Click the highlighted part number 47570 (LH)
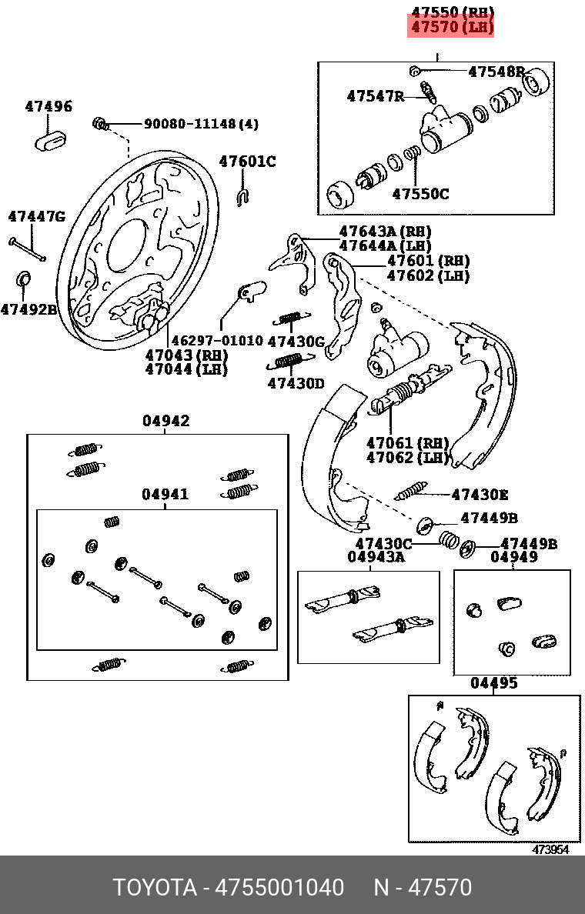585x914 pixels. pyautogui.click(x=451, y=28)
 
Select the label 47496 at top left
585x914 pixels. pyautogui.click(x=48, y=106)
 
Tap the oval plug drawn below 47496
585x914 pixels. pyautogui.click(x=52, y=140)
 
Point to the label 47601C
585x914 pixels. pyautogui.click(x=247, y=162)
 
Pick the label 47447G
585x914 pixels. pyautogui.click(x=37, y=217)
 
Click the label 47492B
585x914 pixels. pyautogui.click(x=28, y=309)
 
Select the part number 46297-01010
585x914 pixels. pyautogui.click(x=216, y=340)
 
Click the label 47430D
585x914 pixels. pyautogui.click(x=296, y=382)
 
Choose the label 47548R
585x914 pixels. pyautogui.click(x=496, y=72)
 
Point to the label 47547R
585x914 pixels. pyautogui.click(x=375, y=96)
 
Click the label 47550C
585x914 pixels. pyautogui.click(x=420, y=194)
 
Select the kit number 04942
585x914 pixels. pyautogui.click(x=165, y=422)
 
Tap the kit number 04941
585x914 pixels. pyautogui.click(x=165, y=495)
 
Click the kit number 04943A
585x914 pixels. pyautogui.click(x=376, y=556)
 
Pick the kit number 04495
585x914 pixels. pyautogui.click(x=494, y=683)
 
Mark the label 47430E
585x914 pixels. pyautogui.click(x=480, y=495)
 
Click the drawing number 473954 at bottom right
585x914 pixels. pyautogui.click(x=551, y=849)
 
